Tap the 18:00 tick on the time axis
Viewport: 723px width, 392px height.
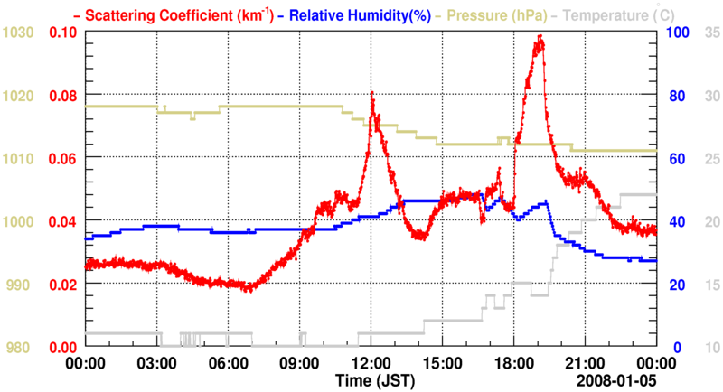[x=513, y=365]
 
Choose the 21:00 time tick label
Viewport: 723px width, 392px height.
[x=585, y=365]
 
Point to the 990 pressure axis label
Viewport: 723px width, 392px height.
[x=20, y=285]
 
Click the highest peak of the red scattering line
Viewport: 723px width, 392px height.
[x=540, y=36]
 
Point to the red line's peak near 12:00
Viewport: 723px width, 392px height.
[x=372, y=92]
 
